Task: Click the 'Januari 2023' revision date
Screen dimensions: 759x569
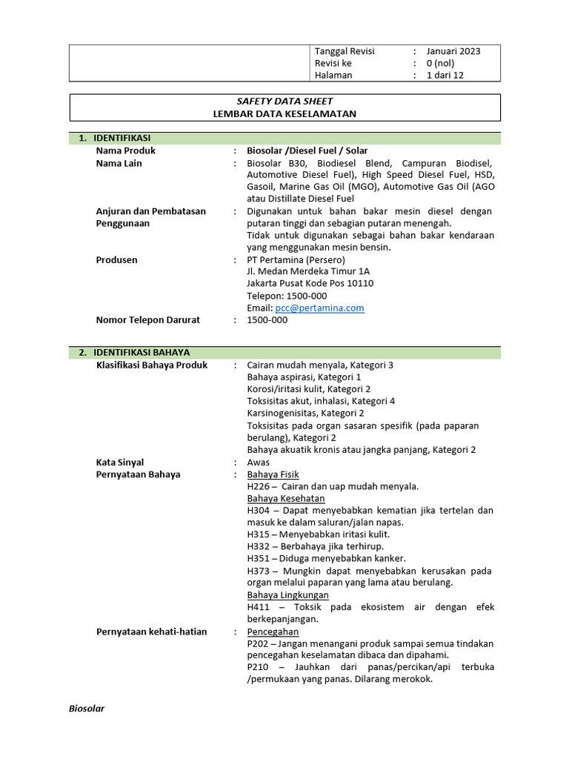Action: [x=453, y=51]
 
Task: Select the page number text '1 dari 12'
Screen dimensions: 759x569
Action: [x=445, y=75]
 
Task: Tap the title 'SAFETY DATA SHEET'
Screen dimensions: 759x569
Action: [x=285, y=101]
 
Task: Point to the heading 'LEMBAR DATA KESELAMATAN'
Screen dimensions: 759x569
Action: [x=285, y=113]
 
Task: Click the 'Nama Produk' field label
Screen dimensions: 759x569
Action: [x=125, y=150]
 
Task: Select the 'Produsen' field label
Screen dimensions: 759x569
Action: [x=116, y=260]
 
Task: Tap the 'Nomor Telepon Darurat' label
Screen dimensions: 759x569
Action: [x=148, y=320]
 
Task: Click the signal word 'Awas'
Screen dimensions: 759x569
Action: [x=259, y=463]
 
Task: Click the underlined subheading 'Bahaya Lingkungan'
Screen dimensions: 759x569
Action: [x=287, y=595]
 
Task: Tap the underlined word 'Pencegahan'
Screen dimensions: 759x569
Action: [x=273, y=632]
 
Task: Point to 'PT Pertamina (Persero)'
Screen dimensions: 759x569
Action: [x=296, y=260]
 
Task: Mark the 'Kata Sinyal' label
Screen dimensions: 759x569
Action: [x=120, y=463]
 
